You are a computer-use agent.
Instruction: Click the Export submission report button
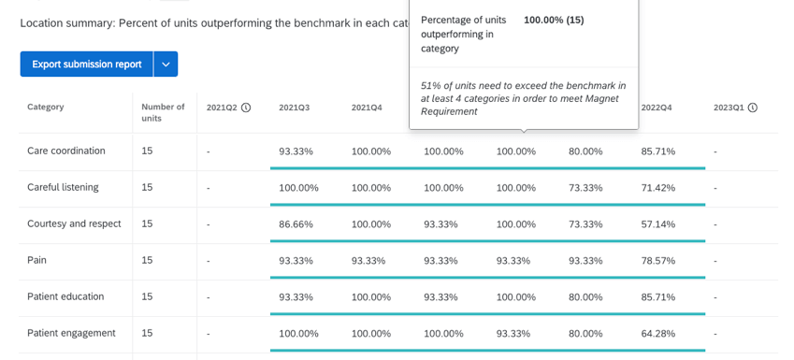(86, 65)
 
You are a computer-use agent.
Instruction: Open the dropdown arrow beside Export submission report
(166, 65)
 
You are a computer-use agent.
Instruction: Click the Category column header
(46, 108)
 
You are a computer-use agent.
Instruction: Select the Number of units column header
(163, 112)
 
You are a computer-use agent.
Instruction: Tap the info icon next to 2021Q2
(246, 108)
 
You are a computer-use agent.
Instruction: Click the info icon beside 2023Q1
(753, 108)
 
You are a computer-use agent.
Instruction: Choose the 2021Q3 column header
(294, 108)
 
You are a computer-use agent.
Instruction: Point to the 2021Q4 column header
(367, 108)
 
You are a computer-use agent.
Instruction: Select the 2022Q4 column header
(657, 108)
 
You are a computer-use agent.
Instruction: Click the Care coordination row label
(66, 151)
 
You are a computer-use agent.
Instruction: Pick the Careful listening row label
(63, 188)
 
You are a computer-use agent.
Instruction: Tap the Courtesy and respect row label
(74, 224)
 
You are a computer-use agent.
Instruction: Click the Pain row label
(36, 261)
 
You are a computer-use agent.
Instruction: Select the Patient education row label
(65, 297)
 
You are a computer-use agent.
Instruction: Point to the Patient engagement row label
(71, 334)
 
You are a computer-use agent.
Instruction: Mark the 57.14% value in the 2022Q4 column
(657, 224)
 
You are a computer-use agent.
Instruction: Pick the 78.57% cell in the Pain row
(657, 261)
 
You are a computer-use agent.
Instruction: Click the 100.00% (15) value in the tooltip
(554, 20)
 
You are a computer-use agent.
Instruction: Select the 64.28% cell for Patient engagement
(657, 334)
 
